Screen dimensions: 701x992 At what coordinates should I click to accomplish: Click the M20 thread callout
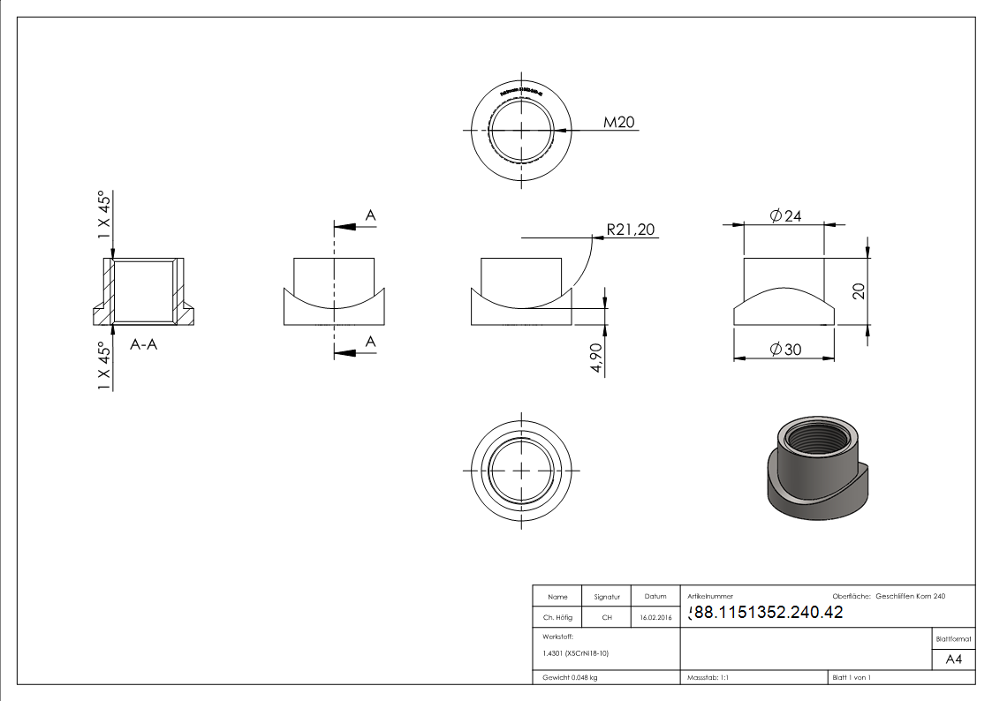(x=620, y=123)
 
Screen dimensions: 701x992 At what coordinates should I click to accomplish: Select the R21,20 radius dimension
(x=632, y=230)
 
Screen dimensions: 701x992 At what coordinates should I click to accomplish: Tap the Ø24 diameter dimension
(x=785, y=216)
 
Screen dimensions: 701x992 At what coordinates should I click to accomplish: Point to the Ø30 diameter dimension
(x=785, y=350)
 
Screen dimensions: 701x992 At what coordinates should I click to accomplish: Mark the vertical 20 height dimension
(x=858, y=291)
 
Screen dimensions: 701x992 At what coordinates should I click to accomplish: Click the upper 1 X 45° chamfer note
(x=105, y=215)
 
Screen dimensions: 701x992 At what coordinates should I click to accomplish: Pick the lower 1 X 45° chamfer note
(x=105, y=366)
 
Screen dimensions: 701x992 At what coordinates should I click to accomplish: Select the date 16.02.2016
(x=655, y=617)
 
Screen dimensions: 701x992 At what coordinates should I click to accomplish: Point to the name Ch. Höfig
(x=557, y=617)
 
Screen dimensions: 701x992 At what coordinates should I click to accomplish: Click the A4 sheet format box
(x=954, y=660)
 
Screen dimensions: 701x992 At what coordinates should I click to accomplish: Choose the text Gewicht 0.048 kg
(x=570, y=678)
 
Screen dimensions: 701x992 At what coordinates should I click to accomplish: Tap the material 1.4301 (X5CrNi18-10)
(x=576, y=653)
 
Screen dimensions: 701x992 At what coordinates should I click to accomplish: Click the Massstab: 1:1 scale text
(x=708, y=678)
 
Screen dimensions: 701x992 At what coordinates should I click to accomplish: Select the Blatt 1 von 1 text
(x=852, y=678)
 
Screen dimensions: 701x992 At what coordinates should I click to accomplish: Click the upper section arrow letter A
(x=371, y=215)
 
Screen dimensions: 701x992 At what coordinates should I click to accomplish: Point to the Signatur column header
(x=607, y=597)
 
